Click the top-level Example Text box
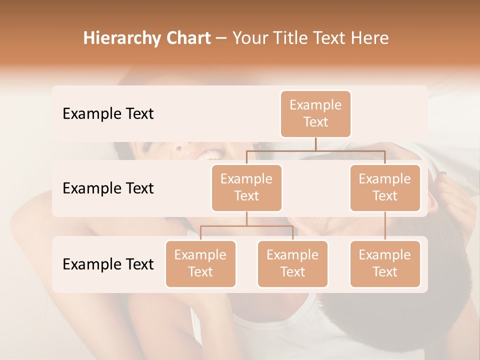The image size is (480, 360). coord(315,114)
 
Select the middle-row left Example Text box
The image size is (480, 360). coord(246,187)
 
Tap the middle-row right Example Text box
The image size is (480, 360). coord(385,187)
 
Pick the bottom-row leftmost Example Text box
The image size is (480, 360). coord(200,263)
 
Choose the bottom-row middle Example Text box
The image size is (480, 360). coord(292,263)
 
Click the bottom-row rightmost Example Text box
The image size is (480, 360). coord(385,263)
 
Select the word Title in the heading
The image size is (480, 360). coord(294,38)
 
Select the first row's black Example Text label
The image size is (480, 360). coord(108,114)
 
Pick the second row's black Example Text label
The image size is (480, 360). coord(108,188)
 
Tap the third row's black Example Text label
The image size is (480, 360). coord(108,264)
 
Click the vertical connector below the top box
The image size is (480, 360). coord(315,144)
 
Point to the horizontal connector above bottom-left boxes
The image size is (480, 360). coord(246,226)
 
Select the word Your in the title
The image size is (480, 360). coord(250,38)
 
